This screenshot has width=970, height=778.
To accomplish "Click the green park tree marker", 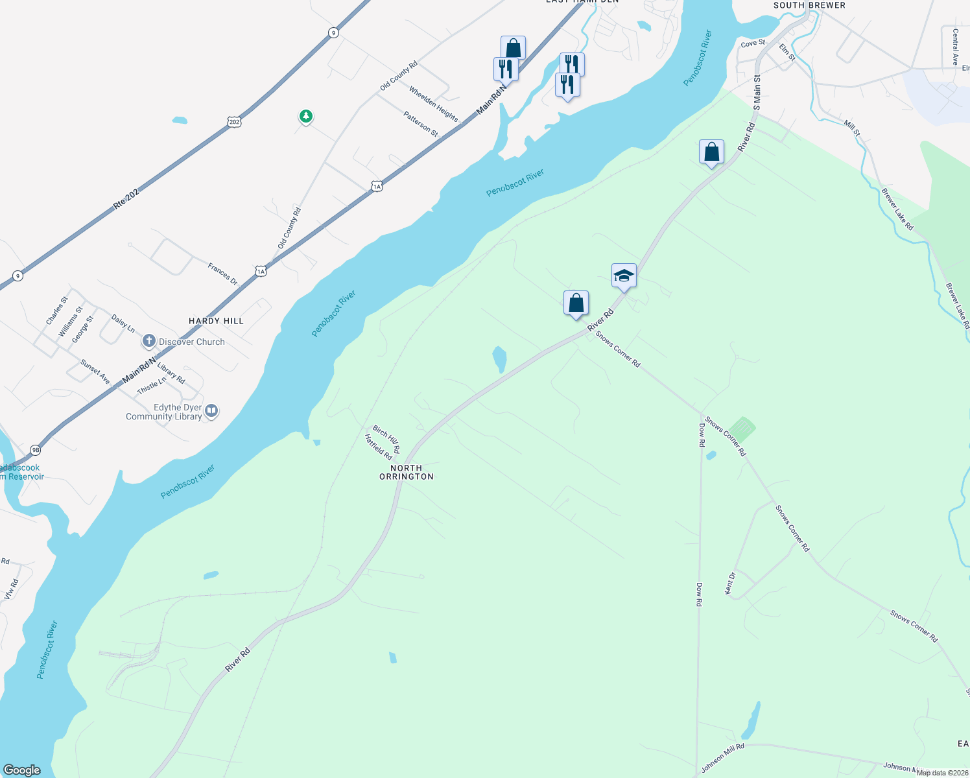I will click(306, 117).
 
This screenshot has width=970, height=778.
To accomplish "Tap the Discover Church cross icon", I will click(149, 341).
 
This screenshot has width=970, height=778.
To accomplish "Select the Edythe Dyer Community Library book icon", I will click(212, 410).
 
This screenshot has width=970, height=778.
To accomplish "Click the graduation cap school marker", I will click(624, 276).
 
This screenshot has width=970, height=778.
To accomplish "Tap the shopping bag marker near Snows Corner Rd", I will click(576, 303).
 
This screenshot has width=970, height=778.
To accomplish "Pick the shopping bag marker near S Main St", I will click(711, 152).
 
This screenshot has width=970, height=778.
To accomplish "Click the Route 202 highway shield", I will click(234, 121).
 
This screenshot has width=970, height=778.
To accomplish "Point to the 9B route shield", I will click(36, 449).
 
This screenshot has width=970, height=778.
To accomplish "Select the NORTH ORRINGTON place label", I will click(407, 472).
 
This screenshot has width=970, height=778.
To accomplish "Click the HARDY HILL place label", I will click(216, 321).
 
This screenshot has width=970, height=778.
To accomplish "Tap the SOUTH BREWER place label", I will click(809, 5).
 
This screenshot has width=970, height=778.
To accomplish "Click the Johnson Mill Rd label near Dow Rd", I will click(722, 759).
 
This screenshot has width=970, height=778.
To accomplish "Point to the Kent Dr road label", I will click(729, 583).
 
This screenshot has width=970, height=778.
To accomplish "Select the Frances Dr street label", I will click(223, 274).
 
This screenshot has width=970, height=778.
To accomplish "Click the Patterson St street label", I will click(421, 124).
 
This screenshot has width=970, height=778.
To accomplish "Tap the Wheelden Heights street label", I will click(433, 104).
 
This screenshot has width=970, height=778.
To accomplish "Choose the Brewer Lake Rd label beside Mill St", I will click(897, 209).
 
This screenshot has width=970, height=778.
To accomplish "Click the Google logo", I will click(22, 770).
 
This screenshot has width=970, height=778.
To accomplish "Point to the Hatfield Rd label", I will click(378, 447).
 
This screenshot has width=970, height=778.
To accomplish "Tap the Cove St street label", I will click(753, 43).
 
